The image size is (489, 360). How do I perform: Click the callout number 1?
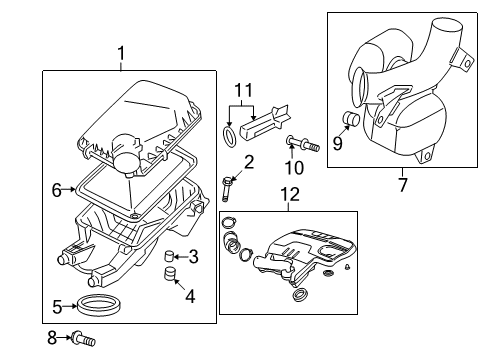pyautogui.click(x=121, y=52)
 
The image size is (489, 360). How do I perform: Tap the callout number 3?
pyautogui.click(x=193, y=257)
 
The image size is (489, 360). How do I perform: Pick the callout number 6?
pyautogui.click(x=56, y=187)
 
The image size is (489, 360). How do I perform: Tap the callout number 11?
pyautogui.click(x=238, y=93)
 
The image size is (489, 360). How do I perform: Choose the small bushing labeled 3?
pyautogui.click(x=170, y=256)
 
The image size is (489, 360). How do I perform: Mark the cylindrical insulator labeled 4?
pyautogui.click(x=171, y=276)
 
